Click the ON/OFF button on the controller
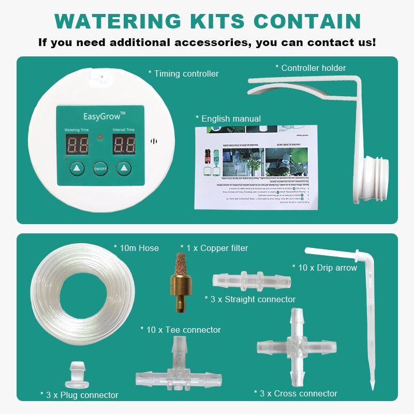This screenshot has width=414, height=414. pyautogui.click(x=100, y=168)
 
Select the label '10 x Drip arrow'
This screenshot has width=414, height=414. pyautogui.click(x=324, y=268)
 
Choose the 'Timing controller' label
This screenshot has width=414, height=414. pyautogui.click(x=183, y=73)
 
